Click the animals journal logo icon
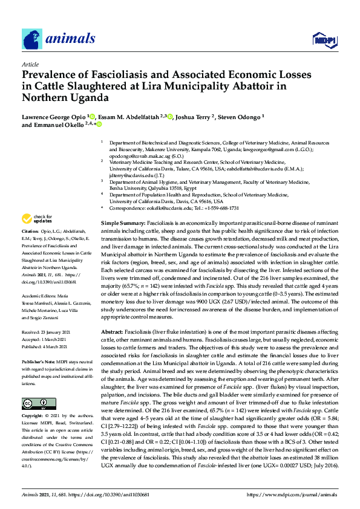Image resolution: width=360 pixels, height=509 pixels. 32,39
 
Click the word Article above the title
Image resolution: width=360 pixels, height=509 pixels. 30,63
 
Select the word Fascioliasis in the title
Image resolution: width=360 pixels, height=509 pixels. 122,75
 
